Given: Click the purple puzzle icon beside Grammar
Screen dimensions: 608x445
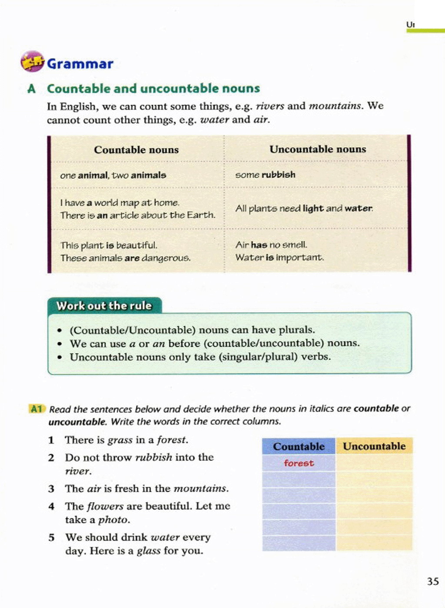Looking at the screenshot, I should pyautogui.click(x=33, y=62).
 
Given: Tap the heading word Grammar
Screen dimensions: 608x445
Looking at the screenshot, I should pyautogui.click(x=80, y=64).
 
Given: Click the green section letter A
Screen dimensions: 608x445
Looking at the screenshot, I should pyautogui.click(x=31, y=89).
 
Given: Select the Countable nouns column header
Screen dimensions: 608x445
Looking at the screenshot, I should pyautogui.click(x=136, y=150).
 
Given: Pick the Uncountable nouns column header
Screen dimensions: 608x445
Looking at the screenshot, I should pyautogui.click(x=318, y=149).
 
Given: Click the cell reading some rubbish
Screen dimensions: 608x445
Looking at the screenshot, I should pyautogui.click(x=265, y=175).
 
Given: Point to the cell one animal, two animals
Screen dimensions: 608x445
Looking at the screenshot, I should pyautogui.click(x=113, y=175).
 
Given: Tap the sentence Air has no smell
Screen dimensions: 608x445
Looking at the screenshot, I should pyautogui.click(x=271, y=245).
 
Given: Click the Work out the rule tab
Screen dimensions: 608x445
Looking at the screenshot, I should pyautogui.click(x=104, y=306).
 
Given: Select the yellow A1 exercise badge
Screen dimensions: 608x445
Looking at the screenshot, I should pyautogui.click(x=37, y=409).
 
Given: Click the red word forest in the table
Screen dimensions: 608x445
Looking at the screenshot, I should pyautogui.click(x=299, y=463).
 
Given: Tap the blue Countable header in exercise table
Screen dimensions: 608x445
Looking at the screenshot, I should pyautogui.click(x=299, y=446).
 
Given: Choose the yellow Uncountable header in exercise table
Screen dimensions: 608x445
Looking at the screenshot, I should pyautogui.click(x=374, y=446).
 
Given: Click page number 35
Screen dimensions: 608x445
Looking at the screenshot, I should pyautogui.click(x=432, y=581).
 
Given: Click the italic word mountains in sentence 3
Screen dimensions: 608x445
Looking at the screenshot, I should pyautogui.click(x=200, y=489).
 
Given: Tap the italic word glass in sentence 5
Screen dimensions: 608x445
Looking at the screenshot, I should pyautogui.click(x=149, y=551).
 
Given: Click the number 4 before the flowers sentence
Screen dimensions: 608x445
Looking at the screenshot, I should pyautogui.click(x=51, y=506).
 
